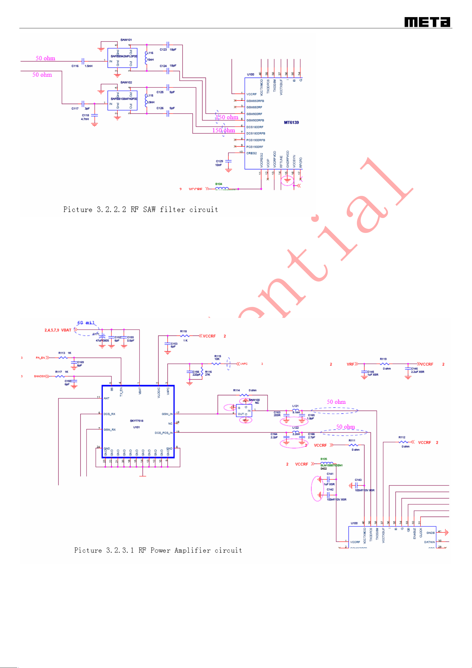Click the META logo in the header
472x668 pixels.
point(427,22)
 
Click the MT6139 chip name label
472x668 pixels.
point(291,122)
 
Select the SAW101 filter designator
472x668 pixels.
point(126,40)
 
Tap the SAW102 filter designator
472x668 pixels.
point(126,82)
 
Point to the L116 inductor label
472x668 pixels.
point(150,53)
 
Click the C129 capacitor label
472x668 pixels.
point(219,161)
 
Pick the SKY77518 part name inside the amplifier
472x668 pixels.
point(136,421)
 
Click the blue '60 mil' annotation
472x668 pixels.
point(86,323)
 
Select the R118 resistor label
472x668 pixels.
point(183,331)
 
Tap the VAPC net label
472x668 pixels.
point(244,364)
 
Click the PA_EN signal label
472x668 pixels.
point(40,358)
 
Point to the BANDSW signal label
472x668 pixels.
point(39,376)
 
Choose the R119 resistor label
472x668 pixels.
point(383,359)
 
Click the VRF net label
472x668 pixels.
point(350,364)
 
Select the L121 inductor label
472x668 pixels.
point(295,406)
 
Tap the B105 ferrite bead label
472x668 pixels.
point(324,459)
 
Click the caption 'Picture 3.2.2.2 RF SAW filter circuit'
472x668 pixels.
point(140,209)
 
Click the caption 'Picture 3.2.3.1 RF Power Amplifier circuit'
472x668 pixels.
point(158,550)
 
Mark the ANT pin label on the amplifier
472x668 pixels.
point(106,398)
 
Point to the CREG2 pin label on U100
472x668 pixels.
point(251,153)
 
